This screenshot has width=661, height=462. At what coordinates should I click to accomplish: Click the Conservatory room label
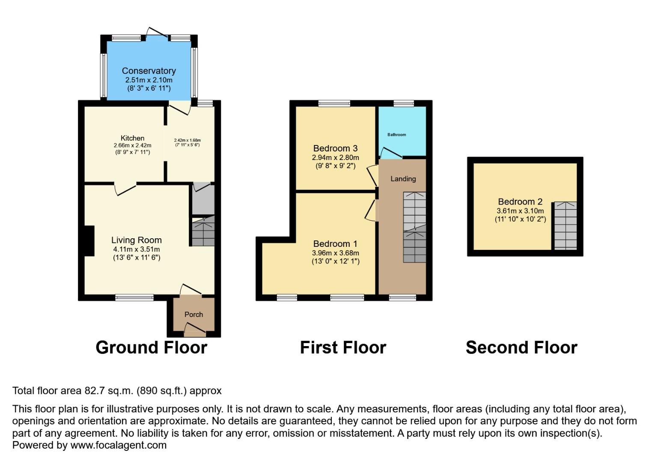(149, 71)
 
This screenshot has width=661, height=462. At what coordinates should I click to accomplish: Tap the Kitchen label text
(132, 138)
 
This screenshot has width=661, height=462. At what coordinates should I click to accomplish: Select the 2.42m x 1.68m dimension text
(187, 140)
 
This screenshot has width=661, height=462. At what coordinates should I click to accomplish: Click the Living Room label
(136, 240)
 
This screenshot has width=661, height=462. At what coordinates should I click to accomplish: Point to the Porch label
(194, 314)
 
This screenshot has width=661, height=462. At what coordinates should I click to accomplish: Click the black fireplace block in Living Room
(89, 241)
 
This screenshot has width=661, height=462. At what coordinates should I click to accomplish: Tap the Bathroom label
(396, 135)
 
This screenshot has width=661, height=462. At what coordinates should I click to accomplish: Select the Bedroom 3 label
(335, 148)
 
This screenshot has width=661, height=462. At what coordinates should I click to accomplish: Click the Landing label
(403, 179)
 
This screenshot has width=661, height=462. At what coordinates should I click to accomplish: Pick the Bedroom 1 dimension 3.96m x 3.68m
(335, 253)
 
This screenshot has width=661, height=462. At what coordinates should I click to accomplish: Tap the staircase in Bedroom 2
(566, 225)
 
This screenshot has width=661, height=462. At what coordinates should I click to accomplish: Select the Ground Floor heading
(151, 347)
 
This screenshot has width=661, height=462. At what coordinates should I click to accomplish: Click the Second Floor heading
(521, 347)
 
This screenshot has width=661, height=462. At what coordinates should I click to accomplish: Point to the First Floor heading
(343, 347)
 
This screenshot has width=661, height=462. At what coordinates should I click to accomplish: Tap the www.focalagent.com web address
(118, 445)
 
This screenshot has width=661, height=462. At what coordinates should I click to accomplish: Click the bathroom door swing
(389, 153)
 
